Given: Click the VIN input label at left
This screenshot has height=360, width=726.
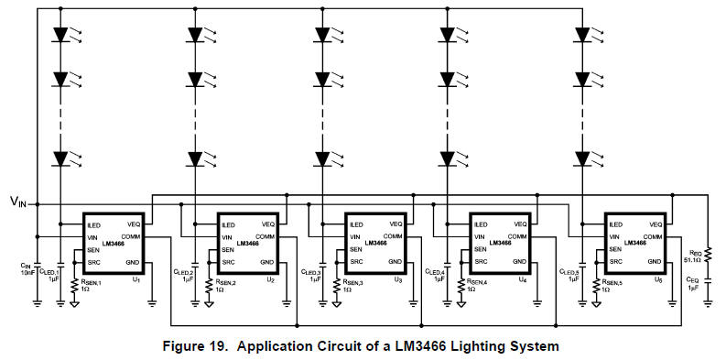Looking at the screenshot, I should click(x=18, y=202).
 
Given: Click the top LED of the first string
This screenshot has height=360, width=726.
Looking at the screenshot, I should click(x=61, y=36).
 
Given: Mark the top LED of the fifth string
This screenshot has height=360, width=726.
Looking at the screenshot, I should click(x=582, y=36).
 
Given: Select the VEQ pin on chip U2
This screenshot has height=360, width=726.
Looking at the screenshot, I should click(x=267, y=224).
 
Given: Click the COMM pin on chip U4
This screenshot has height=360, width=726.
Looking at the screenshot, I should click(x=518, y=236).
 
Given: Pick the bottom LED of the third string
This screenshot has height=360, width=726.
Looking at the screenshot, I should click(x=321, y=157).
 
